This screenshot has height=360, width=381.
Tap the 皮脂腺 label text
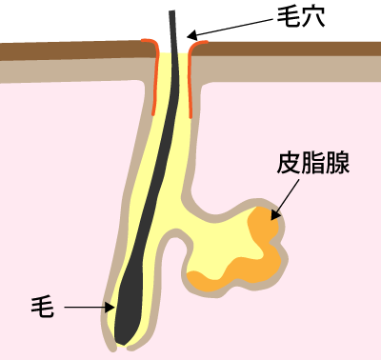313,163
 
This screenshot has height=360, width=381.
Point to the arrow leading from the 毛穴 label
233,30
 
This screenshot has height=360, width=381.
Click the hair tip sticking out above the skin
173,24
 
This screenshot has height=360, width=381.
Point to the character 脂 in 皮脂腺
313,163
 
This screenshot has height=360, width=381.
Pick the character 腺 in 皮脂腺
338,163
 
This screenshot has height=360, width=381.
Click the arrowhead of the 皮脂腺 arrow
275,215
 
